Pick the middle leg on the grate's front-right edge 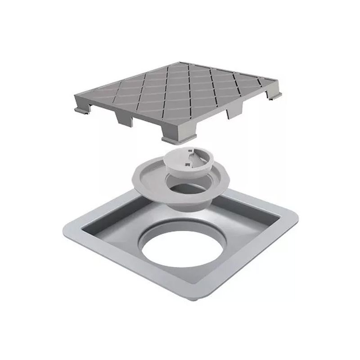pos(234,110)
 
